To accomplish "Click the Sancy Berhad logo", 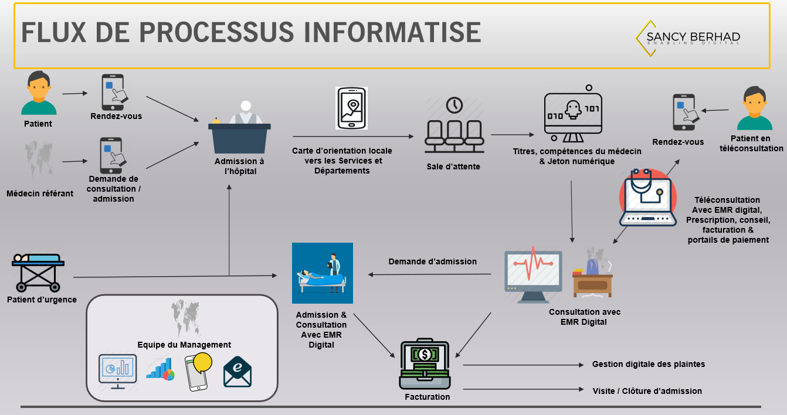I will point(688,38).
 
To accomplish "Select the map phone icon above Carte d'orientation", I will point(351,108).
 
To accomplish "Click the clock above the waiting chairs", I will point(454,106).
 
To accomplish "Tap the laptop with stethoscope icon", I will point(648,198).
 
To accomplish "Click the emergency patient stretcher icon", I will point(38,272).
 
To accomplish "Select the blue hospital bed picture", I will point(323,273).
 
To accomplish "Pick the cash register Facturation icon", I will point(426,365).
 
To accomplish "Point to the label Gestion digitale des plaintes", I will point(648,364).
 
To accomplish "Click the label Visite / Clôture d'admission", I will point(647,391).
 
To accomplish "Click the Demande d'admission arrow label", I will point(432,261).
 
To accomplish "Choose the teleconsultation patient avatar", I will point(754,108).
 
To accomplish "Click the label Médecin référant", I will point(40,193).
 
